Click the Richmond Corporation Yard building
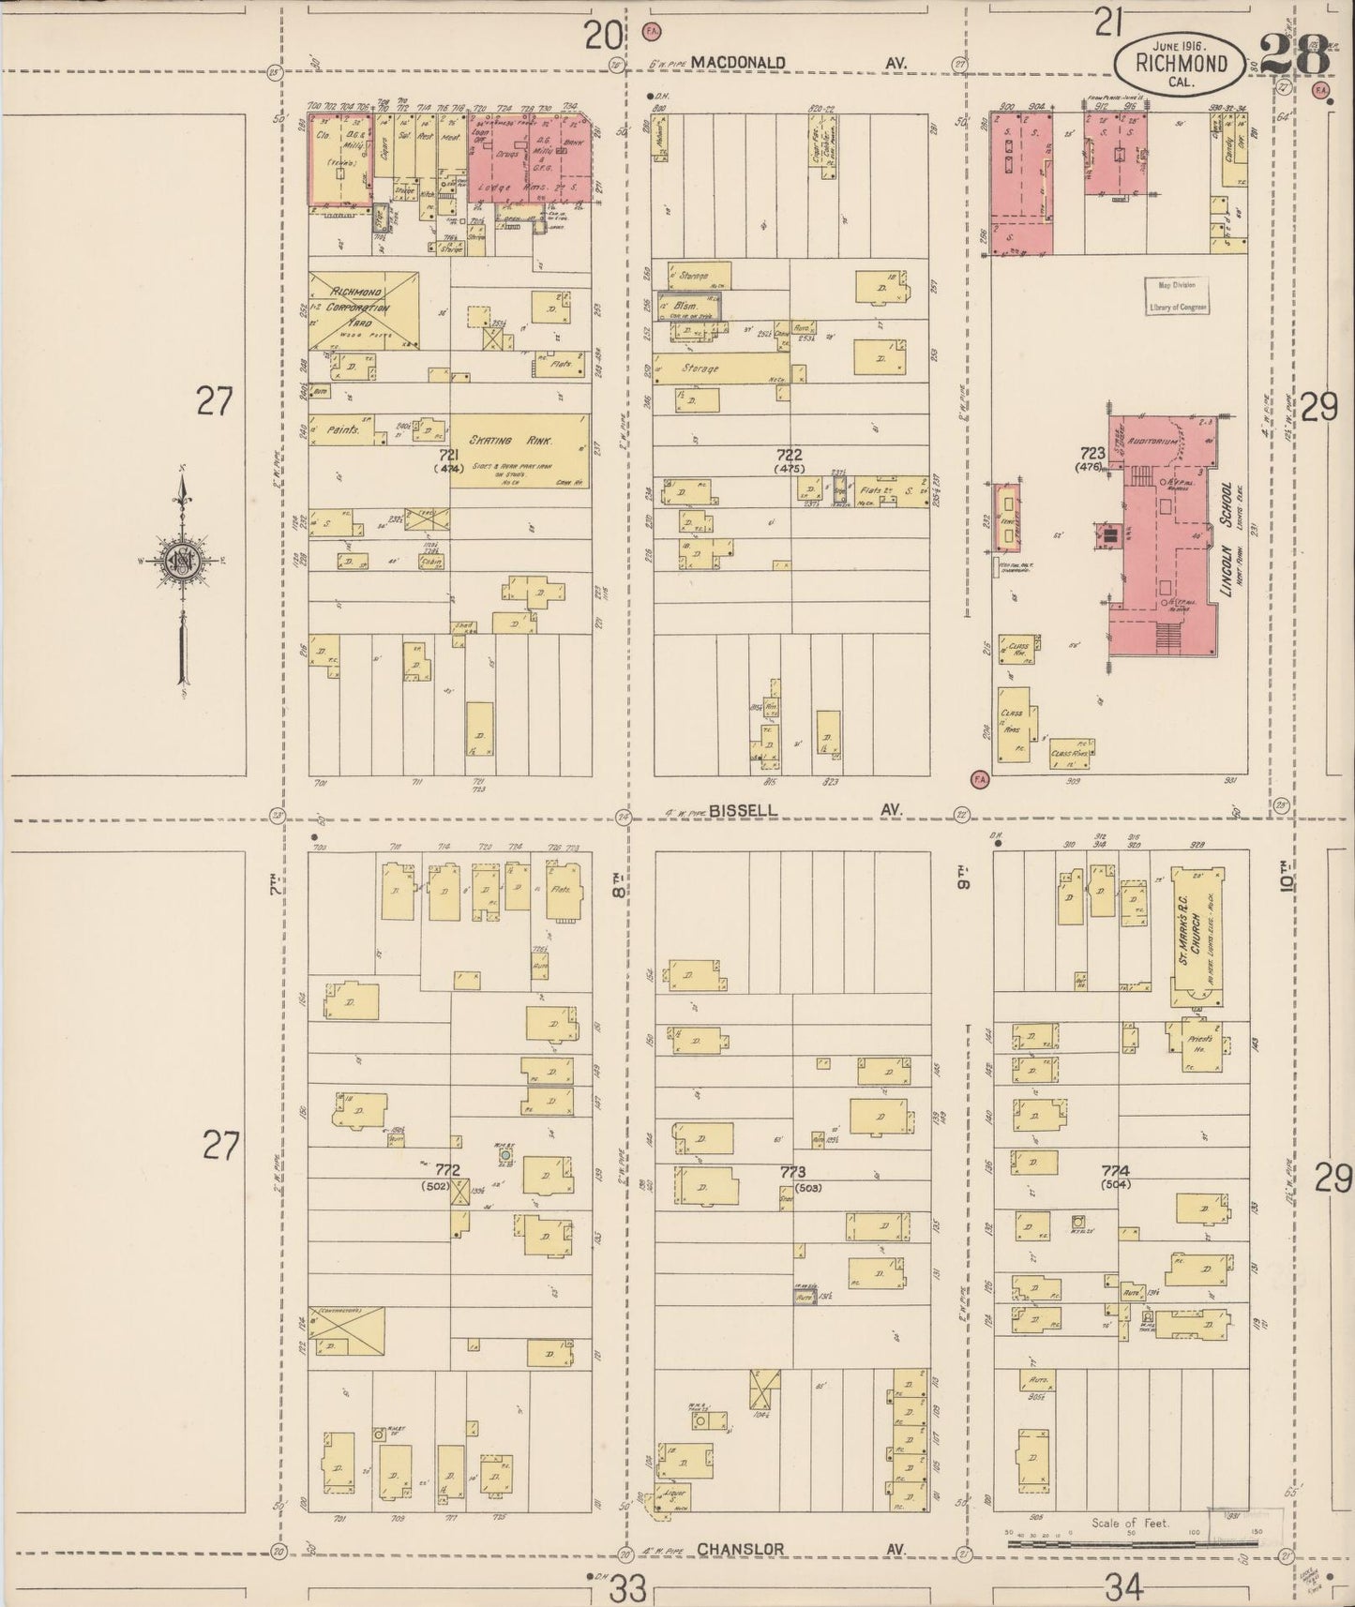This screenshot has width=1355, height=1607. pyautogui.click(x=362, y=310)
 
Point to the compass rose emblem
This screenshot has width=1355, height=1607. pyautogui.click(x=182, y=562)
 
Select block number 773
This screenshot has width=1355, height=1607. pyautogui.click(x=793, y=1172)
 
